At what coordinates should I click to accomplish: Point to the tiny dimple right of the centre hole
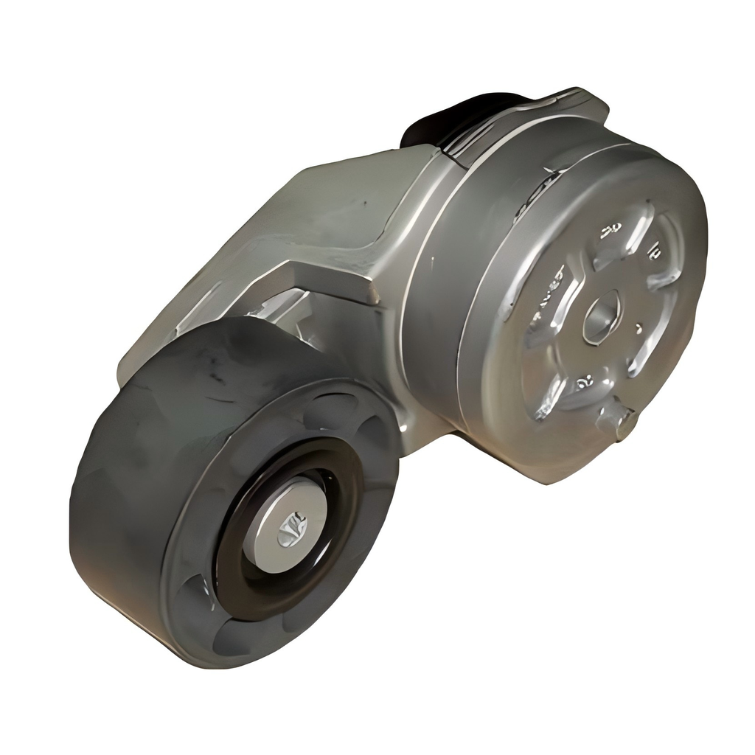pos(639,327)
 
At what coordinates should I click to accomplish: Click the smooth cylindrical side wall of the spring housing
pos(435,310)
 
